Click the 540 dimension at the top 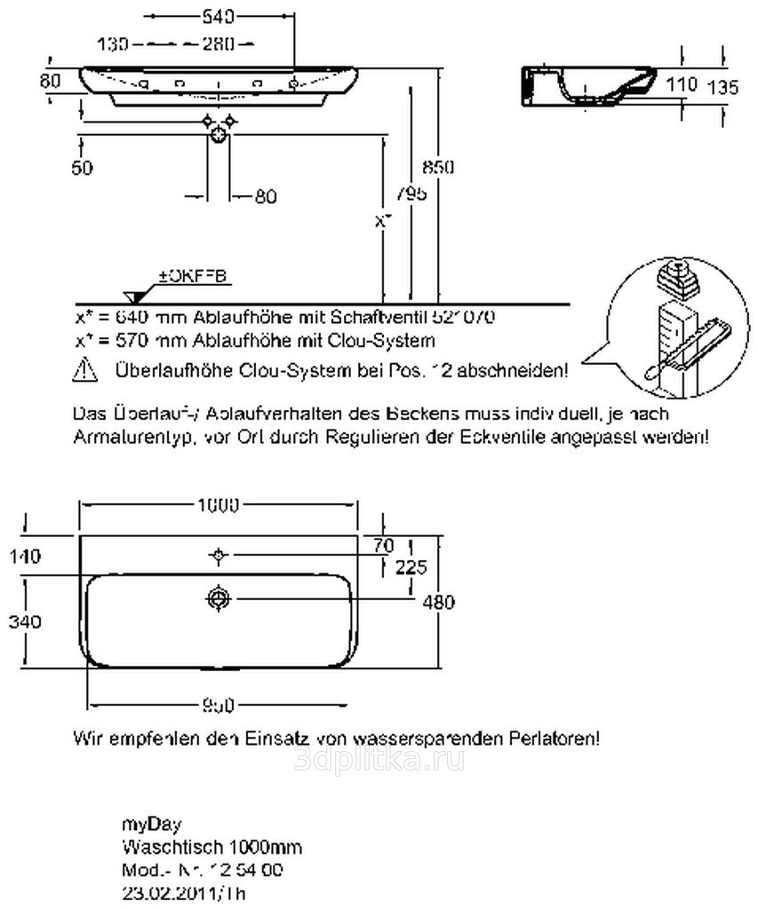click(219, 17)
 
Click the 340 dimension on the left click(24, 621)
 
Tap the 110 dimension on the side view click(681, 85)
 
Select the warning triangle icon click(85, 369)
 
